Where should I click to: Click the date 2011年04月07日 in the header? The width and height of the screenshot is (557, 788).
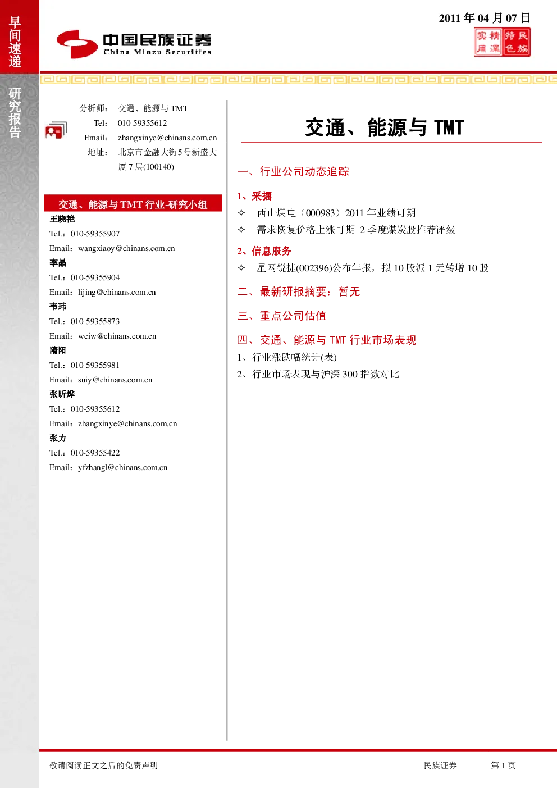click(x=485, y=18)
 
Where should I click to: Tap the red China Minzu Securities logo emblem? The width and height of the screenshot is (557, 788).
click(x=77, y=44)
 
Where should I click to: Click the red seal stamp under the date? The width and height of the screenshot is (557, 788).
click(x=502, y=42)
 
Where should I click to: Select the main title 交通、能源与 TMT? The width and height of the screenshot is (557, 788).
click(x=385, y=127)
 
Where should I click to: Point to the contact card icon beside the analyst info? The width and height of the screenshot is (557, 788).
click(x=56, y=130)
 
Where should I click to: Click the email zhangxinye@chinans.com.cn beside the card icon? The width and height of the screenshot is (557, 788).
click(x=167, y=138)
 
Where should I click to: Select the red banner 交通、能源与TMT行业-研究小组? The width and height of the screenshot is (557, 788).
click(x=133, y=204)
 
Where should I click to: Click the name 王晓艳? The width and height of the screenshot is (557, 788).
click(x=62, y=219)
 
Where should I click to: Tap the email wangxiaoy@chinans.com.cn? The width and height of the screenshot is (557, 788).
click(x=126, y=248)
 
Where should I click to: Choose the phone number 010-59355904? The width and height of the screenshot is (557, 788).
click(x=95, y=277)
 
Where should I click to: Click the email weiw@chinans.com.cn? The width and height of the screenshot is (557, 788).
click(x=117, y=336)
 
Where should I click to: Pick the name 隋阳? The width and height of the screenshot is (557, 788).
click(x=58, y=350)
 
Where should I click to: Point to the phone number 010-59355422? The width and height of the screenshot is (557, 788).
click(x=95, y=453)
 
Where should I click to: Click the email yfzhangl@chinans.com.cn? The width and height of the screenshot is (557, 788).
click(x=123, y=467)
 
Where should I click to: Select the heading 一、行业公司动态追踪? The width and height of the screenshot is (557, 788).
click(x=293, y=171)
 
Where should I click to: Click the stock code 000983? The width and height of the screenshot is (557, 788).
click(x=321, y=213)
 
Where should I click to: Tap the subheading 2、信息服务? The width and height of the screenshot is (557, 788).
click(x=264, y=251)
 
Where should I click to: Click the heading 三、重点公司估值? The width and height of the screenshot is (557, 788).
click(x=282, y=316)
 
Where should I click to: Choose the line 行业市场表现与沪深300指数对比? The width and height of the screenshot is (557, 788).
click(x=326, y=374)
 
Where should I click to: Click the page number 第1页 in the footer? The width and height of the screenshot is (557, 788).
click(x=503, y=766)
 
